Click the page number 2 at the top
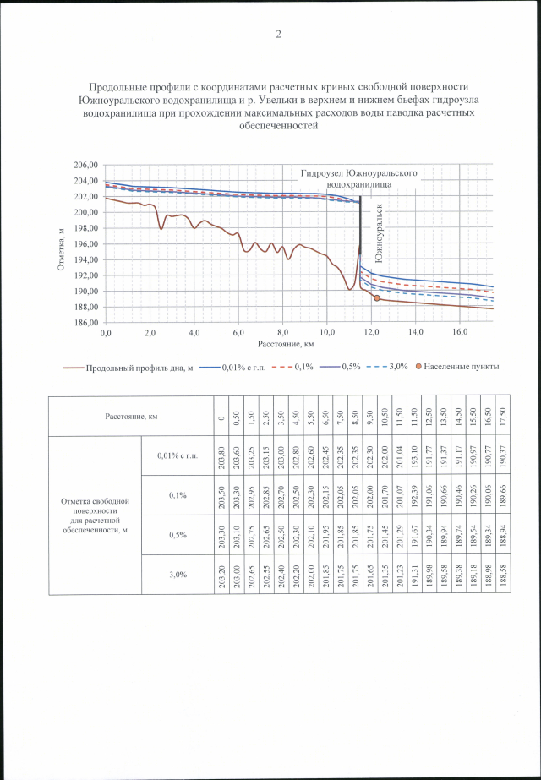[x=278, y=35]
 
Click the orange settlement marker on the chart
[x=376, y=298]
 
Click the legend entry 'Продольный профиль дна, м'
[x=140, y=368]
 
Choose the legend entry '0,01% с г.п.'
[x=247, y=368]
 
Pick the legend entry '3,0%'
[x=396, y=368]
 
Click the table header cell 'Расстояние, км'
[x=131, y=416]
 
